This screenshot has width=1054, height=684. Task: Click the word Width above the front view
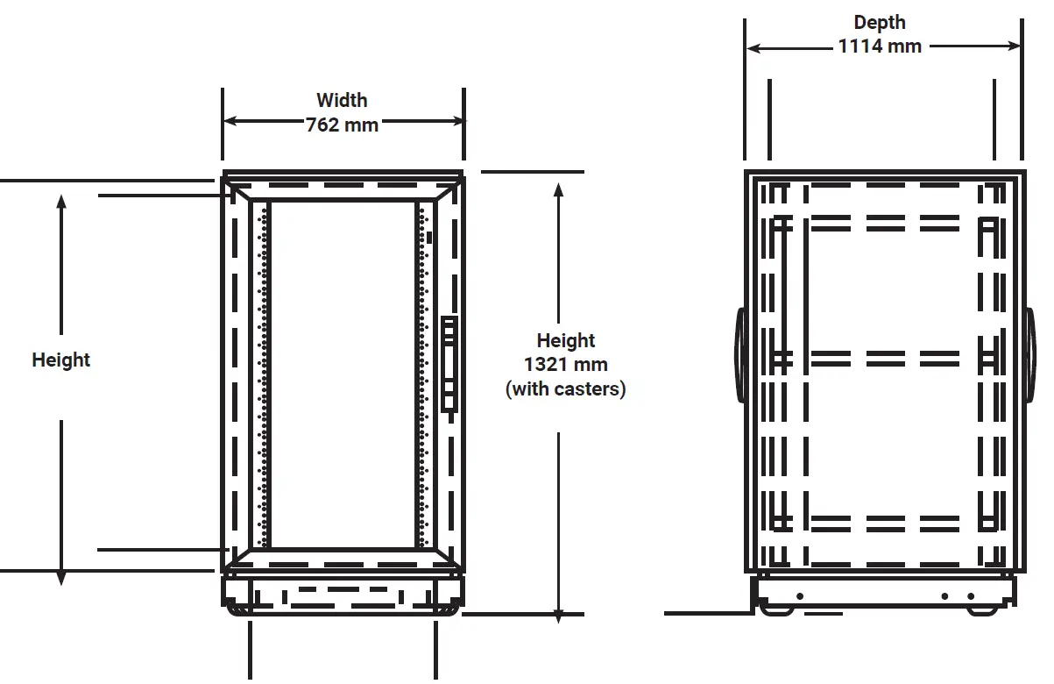342,100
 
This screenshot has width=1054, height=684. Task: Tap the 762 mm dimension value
342,125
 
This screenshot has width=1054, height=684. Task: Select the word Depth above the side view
880,23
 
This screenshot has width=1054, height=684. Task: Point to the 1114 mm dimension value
880,46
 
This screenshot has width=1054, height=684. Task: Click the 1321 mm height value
565,364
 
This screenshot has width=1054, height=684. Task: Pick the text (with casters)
565,388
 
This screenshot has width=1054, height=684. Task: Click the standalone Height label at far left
61,360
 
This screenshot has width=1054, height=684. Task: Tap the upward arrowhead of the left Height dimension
61,202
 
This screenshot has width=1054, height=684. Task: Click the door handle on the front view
449,364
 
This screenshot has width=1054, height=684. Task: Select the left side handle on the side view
740,355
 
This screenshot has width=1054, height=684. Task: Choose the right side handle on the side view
1029,355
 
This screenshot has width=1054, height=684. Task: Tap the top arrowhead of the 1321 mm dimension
558,189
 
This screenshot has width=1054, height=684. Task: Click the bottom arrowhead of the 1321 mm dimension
559,616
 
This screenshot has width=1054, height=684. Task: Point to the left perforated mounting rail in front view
261,373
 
